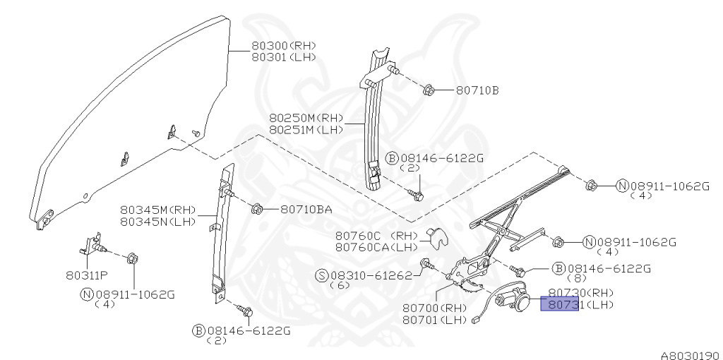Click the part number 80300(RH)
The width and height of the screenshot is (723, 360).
[x=284, y=46]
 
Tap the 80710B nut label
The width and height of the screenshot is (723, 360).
[x=477, y=90]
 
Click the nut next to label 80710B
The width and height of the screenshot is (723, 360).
[x=428, y=90]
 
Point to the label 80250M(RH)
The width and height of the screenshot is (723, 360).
[x=306, y=118]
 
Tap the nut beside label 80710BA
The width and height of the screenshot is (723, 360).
[x=258, y=209]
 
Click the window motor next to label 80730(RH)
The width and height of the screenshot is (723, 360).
[x=514, y=298]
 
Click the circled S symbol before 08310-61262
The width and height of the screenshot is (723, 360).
[x=318, y=276]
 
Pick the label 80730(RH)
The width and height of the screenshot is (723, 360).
[x=581, y=292]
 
